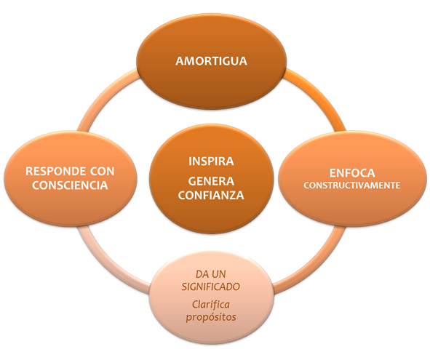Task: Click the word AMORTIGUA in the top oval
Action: click(211, 61)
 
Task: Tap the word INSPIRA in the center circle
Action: click(211, 161)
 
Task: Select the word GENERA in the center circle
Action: click(211, 181)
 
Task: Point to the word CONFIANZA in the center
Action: click(211, 195)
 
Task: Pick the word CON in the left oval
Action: click(102, 171)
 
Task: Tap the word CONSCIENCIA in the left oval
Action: click(70, 185)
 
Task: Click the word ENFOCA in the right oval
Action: click(352, 173)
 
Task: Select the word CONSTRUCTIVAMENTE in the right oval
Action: click(352, 185)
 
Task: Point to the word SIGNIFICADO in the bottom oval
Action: click(210, 287)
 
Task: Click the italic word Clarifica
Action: click(210, 304)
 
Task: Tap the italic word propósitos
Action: click(211, 317)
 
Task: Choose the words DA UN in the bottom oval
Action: click(210, 274)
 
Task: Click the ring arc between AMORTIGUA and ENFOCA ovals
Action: click(320, 96)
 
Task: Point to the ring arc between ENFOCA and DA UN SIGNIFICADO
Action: click(315, 263)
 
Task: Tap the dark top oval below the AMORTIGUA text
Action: click(211, 88)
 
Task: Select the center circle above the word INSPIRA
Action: click(211, 140)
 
